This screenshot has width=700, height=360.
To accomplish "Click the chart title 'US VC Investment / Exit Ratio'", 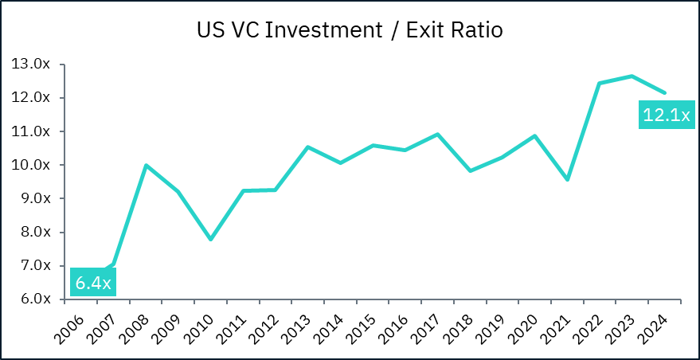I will pyautogui.click(x=350, y=31).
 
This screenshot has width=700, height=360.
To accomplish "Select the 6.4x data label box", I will pyautogui.click(x=93, y=282).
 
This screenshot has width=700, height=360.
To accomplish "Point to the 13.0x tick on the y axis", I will pyautogui.click(x=32, y=64).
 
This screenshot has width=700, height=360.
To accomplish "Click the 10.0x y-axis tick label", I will pyautogui.click(x=32, y=165).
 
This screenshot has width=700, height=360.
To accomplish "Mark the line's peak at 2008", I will pyautogui.click(x=146, y=165).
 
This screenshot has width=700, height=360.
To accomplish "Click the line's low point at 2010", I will pyautogui.click(x=210, y=239).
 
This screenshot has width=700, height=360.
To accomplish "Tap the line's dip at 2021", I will pyautogui.click(x=567, y=179).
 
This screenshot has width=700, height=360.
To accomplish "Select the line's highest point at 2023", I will pyautogui.click(x=632, y=76).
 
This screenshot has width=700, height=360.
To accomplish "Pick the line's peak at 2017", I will pyautogui.click(x=437, y=134).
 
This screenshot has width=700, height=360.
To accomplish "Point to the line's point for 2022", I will pyautogui.click(x=599, y=83).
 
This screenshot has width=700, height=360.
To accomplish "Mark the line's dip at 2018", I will pyautogui.click(x=470, y=170).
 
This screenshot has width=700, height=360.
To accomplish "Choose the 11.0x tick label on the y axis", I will pyautogui.click(x=32, y=131).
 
